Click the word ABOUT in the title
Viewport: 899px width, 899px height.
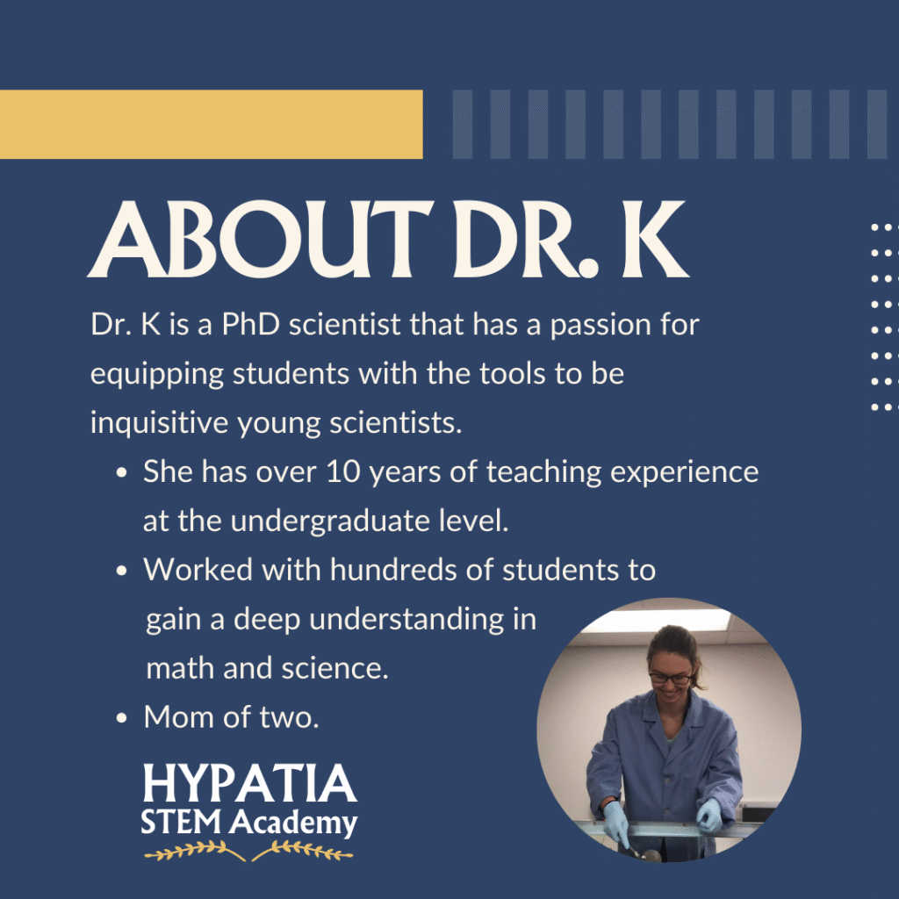[x=261, y=239]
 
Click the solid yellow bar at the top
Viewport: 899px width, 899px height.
[x=211, y=124]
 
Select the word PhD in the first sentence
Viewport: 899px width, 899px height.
[x=250, y=325]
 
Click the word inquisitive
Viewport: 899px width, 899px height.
[x=160, y=423]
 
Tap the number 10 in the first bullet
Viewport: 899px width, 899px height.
[x=343, y=471]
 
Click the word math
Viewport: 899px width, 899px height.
[x=180, y=668]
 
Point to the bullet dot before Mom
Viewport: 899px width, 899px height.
[x=121, y=718]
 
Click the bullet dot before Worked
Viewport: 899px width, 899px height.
[x=121, y=571]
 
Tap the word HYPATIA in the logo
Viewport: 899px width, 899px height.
[x=249, y=783]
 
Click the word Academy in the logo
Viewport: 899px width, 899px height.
[x=293, y=823]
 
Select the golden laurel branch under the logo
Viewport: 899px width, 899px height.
[x=248, y=850]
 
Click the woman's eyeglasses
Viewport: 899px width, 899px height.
[x=670, y=679]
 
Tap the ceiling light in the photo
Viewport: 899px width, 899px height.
[x=656, y=621]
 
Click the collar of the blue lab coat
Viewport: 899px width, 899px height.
[x=665, y=715]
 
